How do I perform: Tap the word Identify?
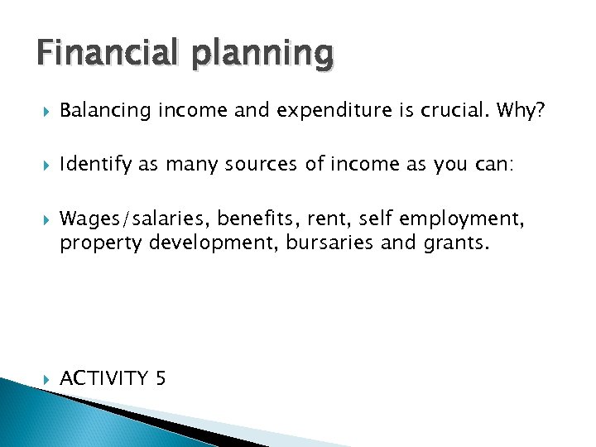pyautogui.click(x=95, y=166)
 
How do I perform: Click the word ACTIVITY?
pyautogui.click(x=103, y=378)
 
